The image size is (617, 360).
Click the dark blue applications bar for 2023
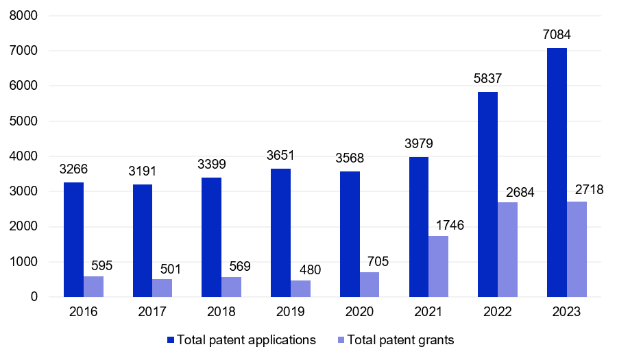click(x=557, y=172)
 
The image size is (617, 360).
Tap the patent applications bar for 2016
click(x=74, y=239)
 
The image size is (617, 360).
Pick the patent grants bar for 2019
click(x=300, y=289)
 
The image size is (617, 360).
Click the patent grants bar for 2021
click(x=438, y=266)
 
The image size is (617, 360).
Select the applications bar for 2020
click(x=350, y=234)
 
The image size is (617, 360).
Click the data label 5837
click(x=488, y=78)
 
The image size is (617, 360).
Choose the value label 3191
click(x=143, y=171)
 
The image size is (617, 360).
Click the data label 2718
click(x=588, y=189)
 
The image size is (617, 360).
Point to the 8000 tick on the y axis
click(x=24, y=15)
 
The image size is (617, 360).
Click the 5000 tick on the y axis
click(x=24, y=121)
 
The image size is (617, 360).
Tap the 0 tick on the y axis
click(x=34, y=297)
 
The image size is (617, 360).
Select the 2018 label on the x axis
click(x=221, y=312)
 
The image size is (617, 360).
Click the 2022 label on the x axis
click(x=497, y=312)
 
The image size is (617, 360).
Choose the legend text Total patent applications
click(x=246, y=340)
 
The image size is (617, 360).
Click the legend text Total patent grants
click(x=400, y=340)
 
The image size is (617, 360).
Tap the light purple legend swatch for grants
click(x=341, y=340)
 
